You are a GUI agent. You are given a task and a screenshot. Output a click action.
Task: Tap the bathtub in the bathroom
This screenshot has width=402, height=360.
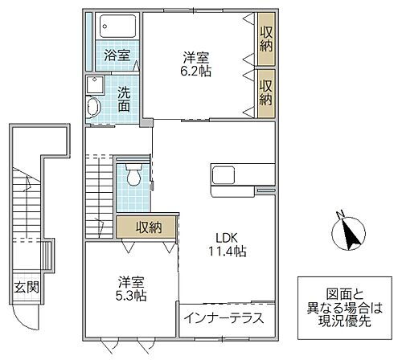tap(117, 28)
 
